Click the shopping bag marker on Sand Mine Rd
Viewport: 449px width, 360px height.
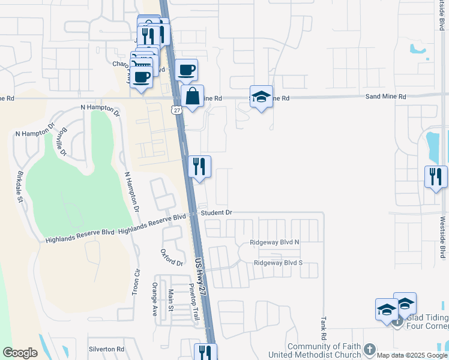click(191, 97)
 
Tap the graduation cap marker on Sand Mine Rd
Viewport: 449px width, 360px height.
click(261, 97)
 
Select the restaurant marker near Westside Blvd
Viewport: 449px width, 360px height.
click(436, 176)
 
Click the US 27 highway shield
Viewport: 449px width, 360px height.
click(175, 110)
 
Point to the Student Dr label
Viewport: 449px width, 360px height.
click(216, 212)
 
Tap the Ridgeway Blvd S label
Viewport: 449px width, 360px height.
click(278, 263)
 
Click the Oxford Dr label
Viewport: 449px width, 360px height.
click(172, 259)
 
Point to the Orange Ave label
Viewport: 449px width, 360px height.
click(155, 299)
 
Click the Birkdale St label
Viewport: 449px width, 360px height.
click(20, 187)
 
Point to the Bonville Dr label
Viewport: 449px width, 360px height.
click(61, 142)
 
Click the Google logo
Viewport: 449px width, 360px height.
click(20, 353)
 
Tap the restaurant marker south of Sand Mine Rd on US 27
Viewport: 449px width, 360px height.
click(200, 166)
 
